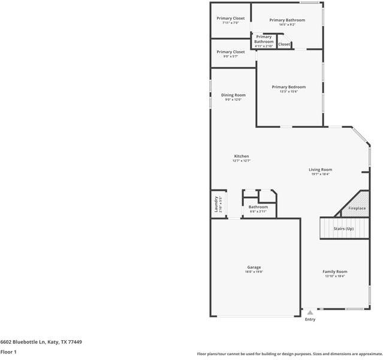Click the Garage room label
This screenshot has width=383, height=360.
pyautogui.click(x=254, y=267)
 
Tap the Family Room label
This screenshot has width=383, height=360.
pyautogui.click(x=334, y=271)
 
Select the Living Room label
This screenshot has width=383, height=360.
pyautogui.click(x=321, y=169)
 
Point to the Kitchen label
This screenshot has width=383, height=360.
pyautogui.click(x=241, y=156)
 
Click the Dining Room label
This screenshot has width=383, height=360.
pyautogui.click(x=233, y=95)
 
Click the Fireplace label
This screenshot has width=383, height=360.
pyautogui.click(x=357, y=208)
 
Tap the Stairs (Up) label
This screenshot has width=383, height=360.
pyautogui.click(x=343, y=229)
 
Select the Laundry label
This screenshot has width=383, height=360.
pyautogui.click(x=216, y=205)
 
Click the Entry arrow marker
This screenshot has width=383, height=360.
pyautogui.click(x=310, y=313)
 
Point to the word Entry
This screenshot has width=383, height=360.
pyautogui.click(x=310, y=319)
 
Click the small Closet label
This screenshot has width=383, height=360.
pyautogui.click(x=284, y=44)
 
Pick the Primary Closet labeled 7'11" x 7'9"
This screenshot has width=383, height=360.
pyautogui.click(x=231, y=19)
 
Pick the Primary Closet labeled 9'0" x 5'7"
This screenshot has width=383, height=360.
pyautogui.click(x=231, y=52)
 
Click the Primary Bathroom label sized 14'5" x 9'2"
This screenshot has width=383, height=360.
pyautogui.click(x=287, y=20)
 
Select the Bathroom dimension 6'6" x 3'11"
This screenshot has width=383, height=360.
pyautogui.click(x=258, y=212)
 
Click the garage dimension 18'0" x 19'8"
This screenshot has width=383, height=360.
pyautogui.click(x=254, y=272)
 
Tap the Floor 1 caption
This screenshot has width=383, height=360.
pyautogui.click(x=8, y=352)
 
